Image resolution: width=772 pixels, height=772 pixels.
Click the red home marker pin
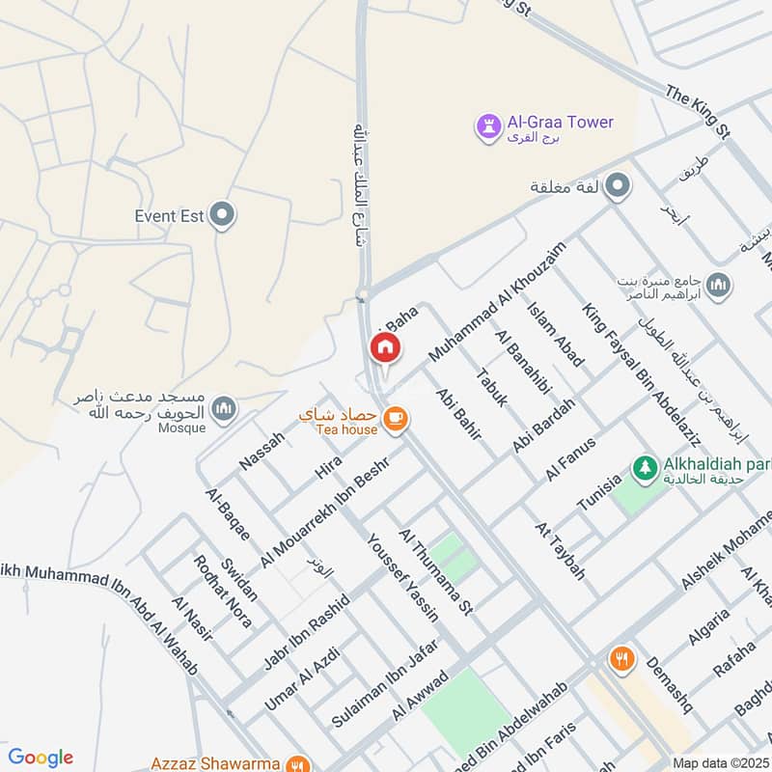point(384,347)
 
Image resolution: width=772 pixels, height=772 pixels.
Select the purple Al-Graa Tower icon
point(488,124)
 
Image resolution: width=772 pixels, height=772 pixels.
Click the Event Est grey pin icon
point(223,215)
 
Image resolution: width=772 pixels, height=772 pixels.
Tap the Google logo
point(41,758)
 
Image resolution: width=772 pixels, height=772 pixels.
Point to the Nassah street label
point(262,451)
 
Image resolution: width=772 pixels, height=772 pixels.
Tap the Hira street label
point(328,468)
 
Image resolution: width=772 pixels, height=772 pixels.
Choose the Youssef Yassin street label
point(403,575)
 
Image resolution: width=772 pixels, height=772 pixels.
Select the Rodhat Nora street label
point(223,591)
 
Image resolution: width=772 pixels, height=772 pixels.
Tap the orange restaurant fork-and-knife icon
point(621,660)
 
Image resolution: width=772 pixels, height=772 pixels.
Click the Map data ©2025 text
point(721,762)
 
